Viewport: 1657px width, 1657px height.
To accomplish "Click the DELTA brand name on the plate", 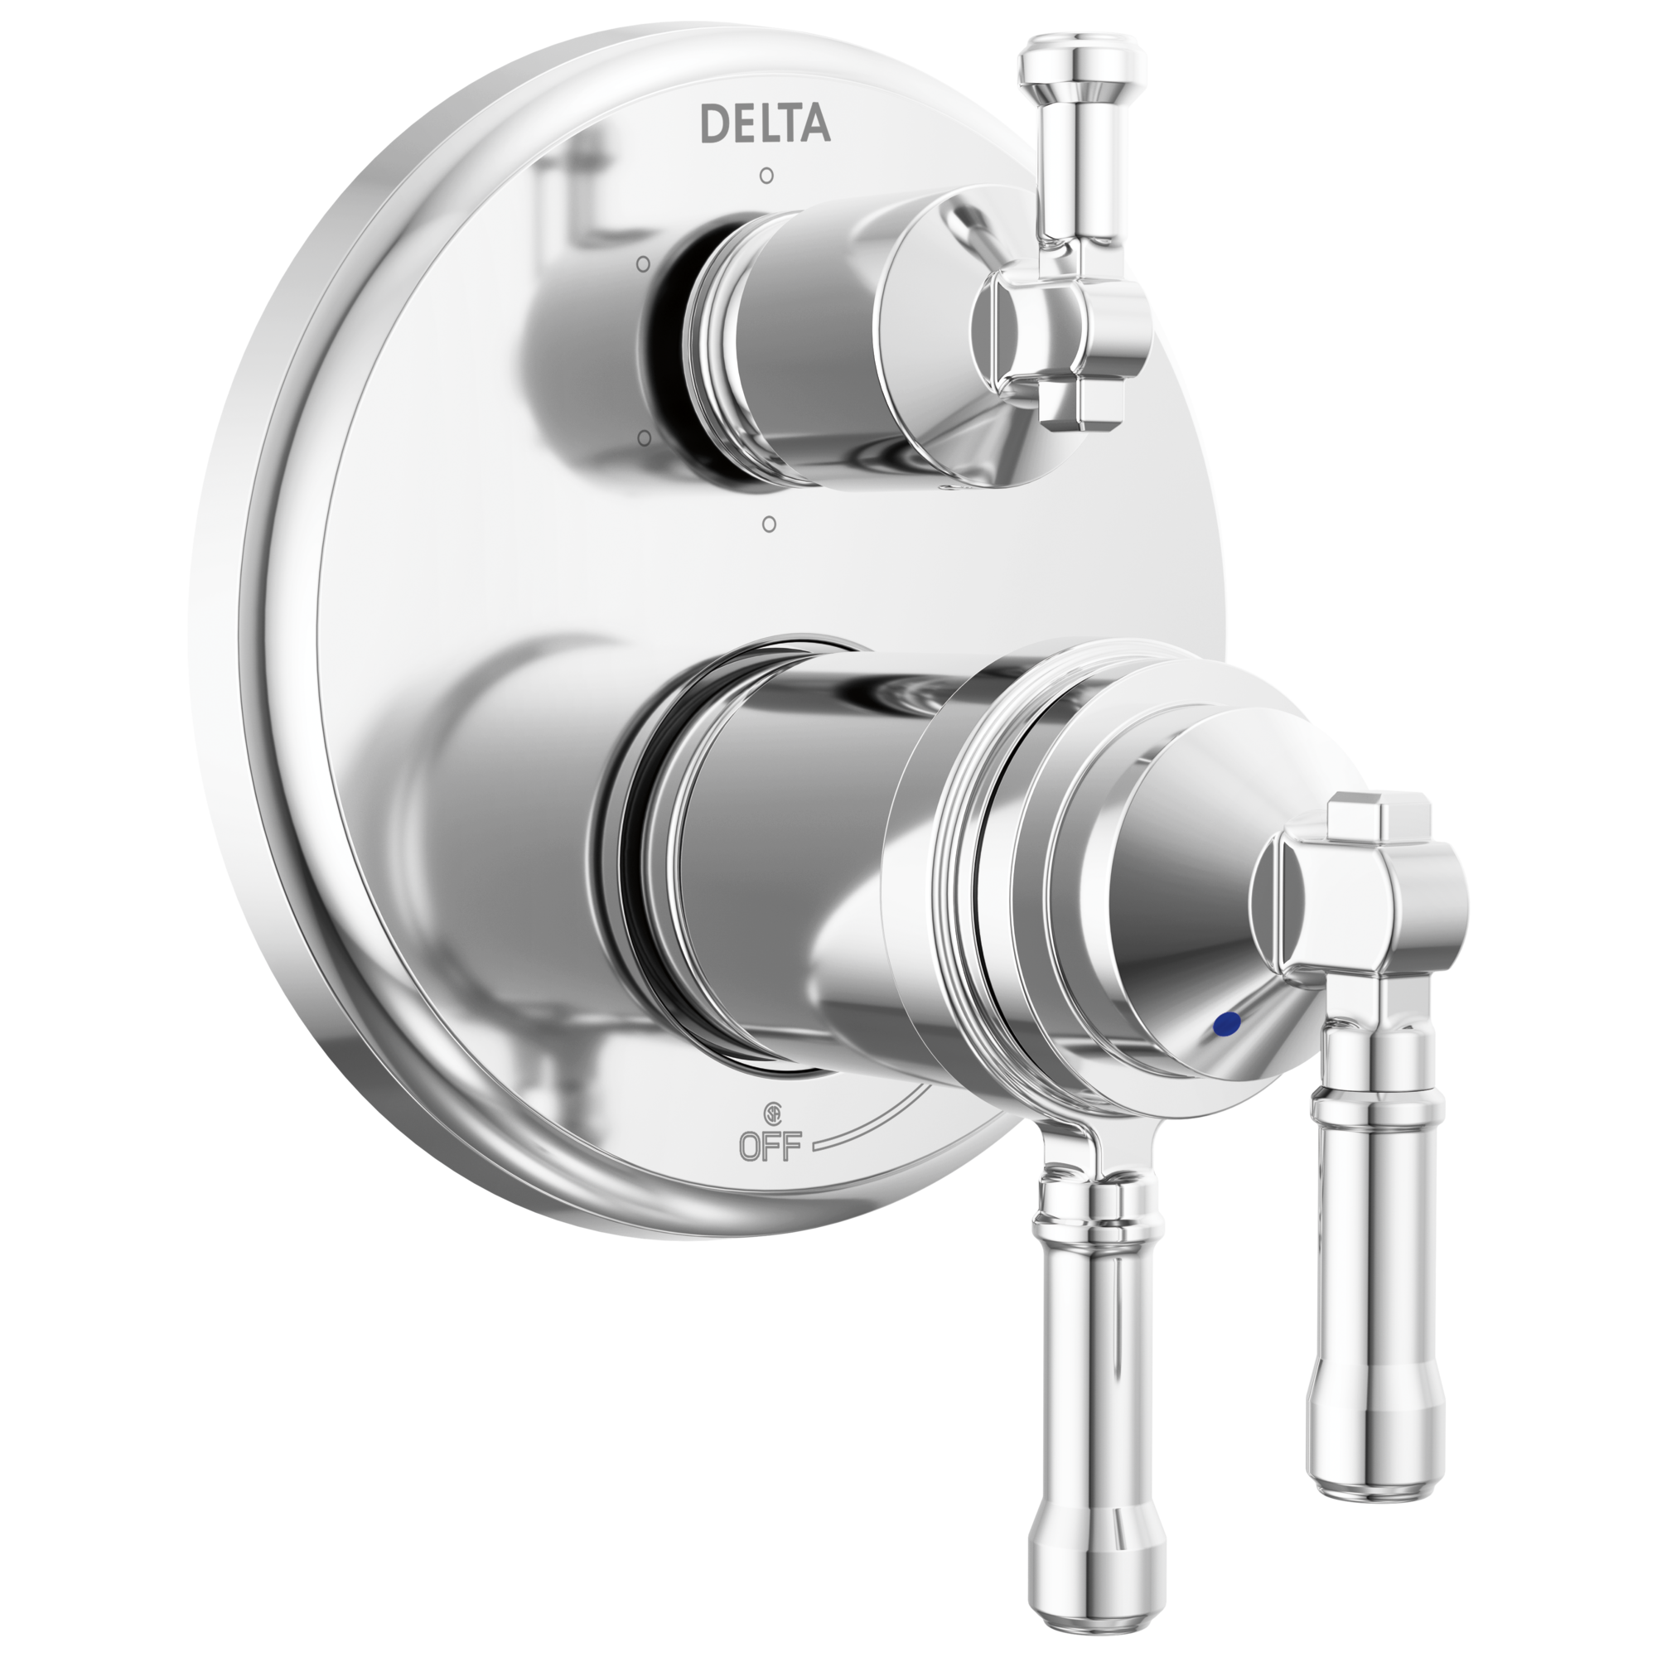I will [x=765, y=123].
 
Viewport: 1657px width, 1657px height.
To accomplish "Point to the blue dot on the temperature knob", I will [x=1229, y=1022].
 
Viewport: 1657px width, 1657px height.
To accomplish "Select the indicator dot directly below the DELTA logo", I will [x=766, y=176].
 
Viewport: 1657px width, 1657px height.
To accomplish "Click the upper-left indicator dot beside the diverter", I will [x=643, y=264].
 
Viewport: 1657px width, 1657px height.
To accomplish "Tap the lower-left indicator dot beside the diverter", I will [x=643, y=438].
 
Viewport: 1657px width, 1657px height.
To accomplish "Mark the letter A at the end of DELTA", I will [x=814, y=123].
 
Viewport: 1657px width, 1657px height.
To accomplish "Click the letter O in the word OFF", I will [x=751, y=1146].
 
